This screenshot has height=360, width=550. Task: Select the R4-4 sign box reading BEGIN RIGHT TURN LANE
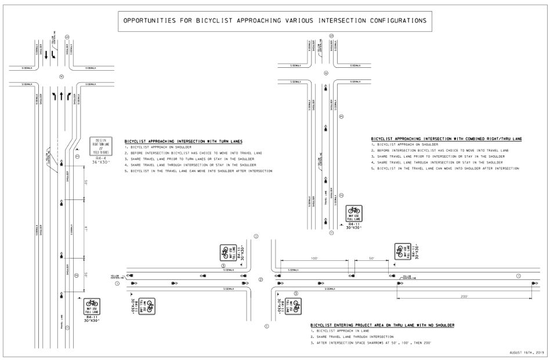click(x=99, y=145)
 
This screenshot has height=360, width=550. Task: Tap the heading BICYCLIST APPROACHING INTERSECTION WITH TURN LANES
click(x=183, y=141)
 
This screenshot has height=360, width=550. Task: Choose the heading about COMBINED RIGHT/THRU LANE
click(x=446, y=139)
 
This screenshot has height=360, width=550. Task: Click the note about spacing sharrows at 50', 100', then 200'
click(x=371, y=344)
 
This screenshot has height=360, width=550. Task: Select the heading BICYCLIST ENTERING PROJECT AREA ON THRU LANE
click(x=382, y=325)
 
